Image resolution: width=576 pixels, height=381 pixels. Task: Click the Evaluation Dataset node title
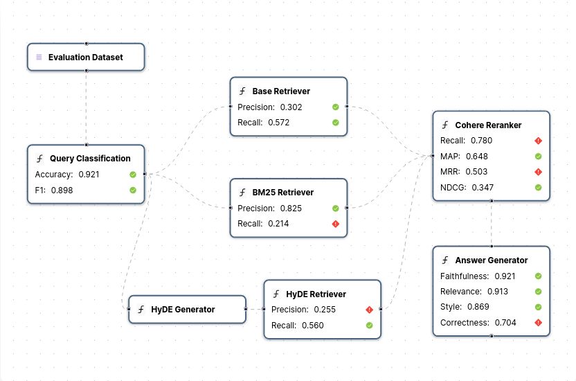[x=85, y=57]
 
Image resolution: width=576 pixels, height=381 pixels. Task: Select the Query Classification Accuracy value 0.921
[x=89, y=175]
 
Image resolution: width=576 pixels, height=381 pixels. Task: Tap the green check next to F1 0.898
[x=132, y=190]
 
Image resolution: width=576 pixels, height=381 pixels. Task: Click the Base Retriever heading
[x=280, y=91]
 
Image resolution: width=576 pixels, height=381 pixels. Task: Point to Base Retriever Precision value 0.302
[x=291, y=107]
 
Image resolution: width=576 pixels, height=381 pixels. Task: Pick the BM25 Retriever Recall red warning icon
[x=335, y=224]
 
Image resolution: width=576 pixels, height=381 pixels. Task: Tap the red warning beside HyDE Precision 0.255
[x=369, y=310]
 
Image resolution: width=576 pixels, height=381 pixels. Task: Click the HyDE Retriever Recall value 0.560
[x=312, y=326]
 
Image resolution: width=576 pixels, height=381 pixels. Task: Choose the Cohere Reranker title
[x=487, y=125]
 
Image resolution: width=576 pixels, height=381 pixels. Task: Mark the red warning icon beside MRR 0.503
[x=538, y=172]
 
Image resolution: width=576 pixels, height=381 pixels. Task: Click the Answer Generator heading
[x=491, y=260]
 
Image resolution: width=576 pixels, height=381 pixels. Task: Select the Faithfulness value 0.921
[x=505, y=276]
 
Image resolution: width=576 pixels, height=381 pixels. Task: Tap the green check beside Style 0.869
[x=538, y=307]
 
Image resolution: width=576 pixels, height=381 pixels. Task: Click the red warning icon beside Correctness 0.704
[x=538, y=323]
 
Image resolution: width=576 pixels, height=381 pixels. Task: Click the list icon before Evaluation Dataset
[x=39, y=57]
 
